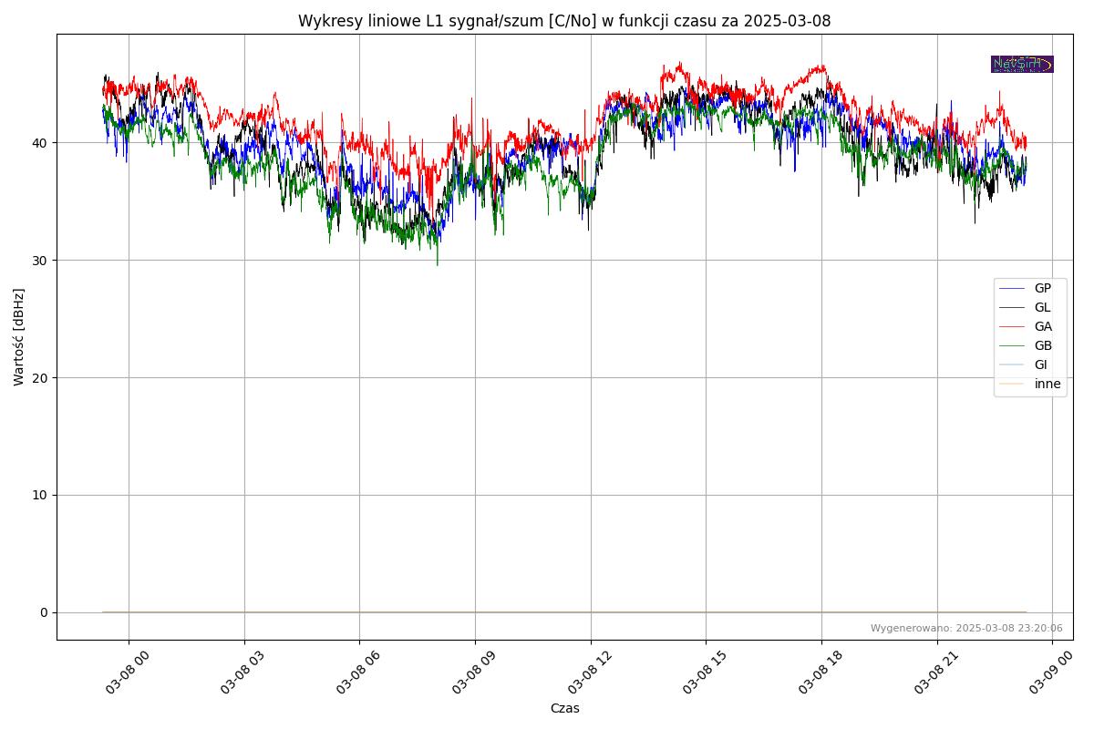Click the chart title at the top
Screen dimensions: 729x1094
click(564, 21)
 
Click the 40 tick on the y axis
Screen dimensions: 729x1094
click(42, 143)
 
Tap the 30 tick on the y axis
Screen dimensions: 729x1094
click(42, 261)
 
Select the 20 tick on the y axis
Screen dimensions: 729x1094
click(42, 378)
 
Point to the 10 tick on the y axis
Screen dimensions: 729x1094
click(42, 496)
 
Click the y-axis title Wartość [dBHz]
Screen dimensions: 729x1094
click(19, 337)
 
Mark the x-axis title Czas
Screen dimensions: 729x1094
click(564, 708)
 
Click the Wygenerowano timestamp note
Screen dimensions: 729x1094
click(966, 628)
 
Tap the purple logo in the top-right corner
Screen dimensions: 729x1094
click(1022, 64)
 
